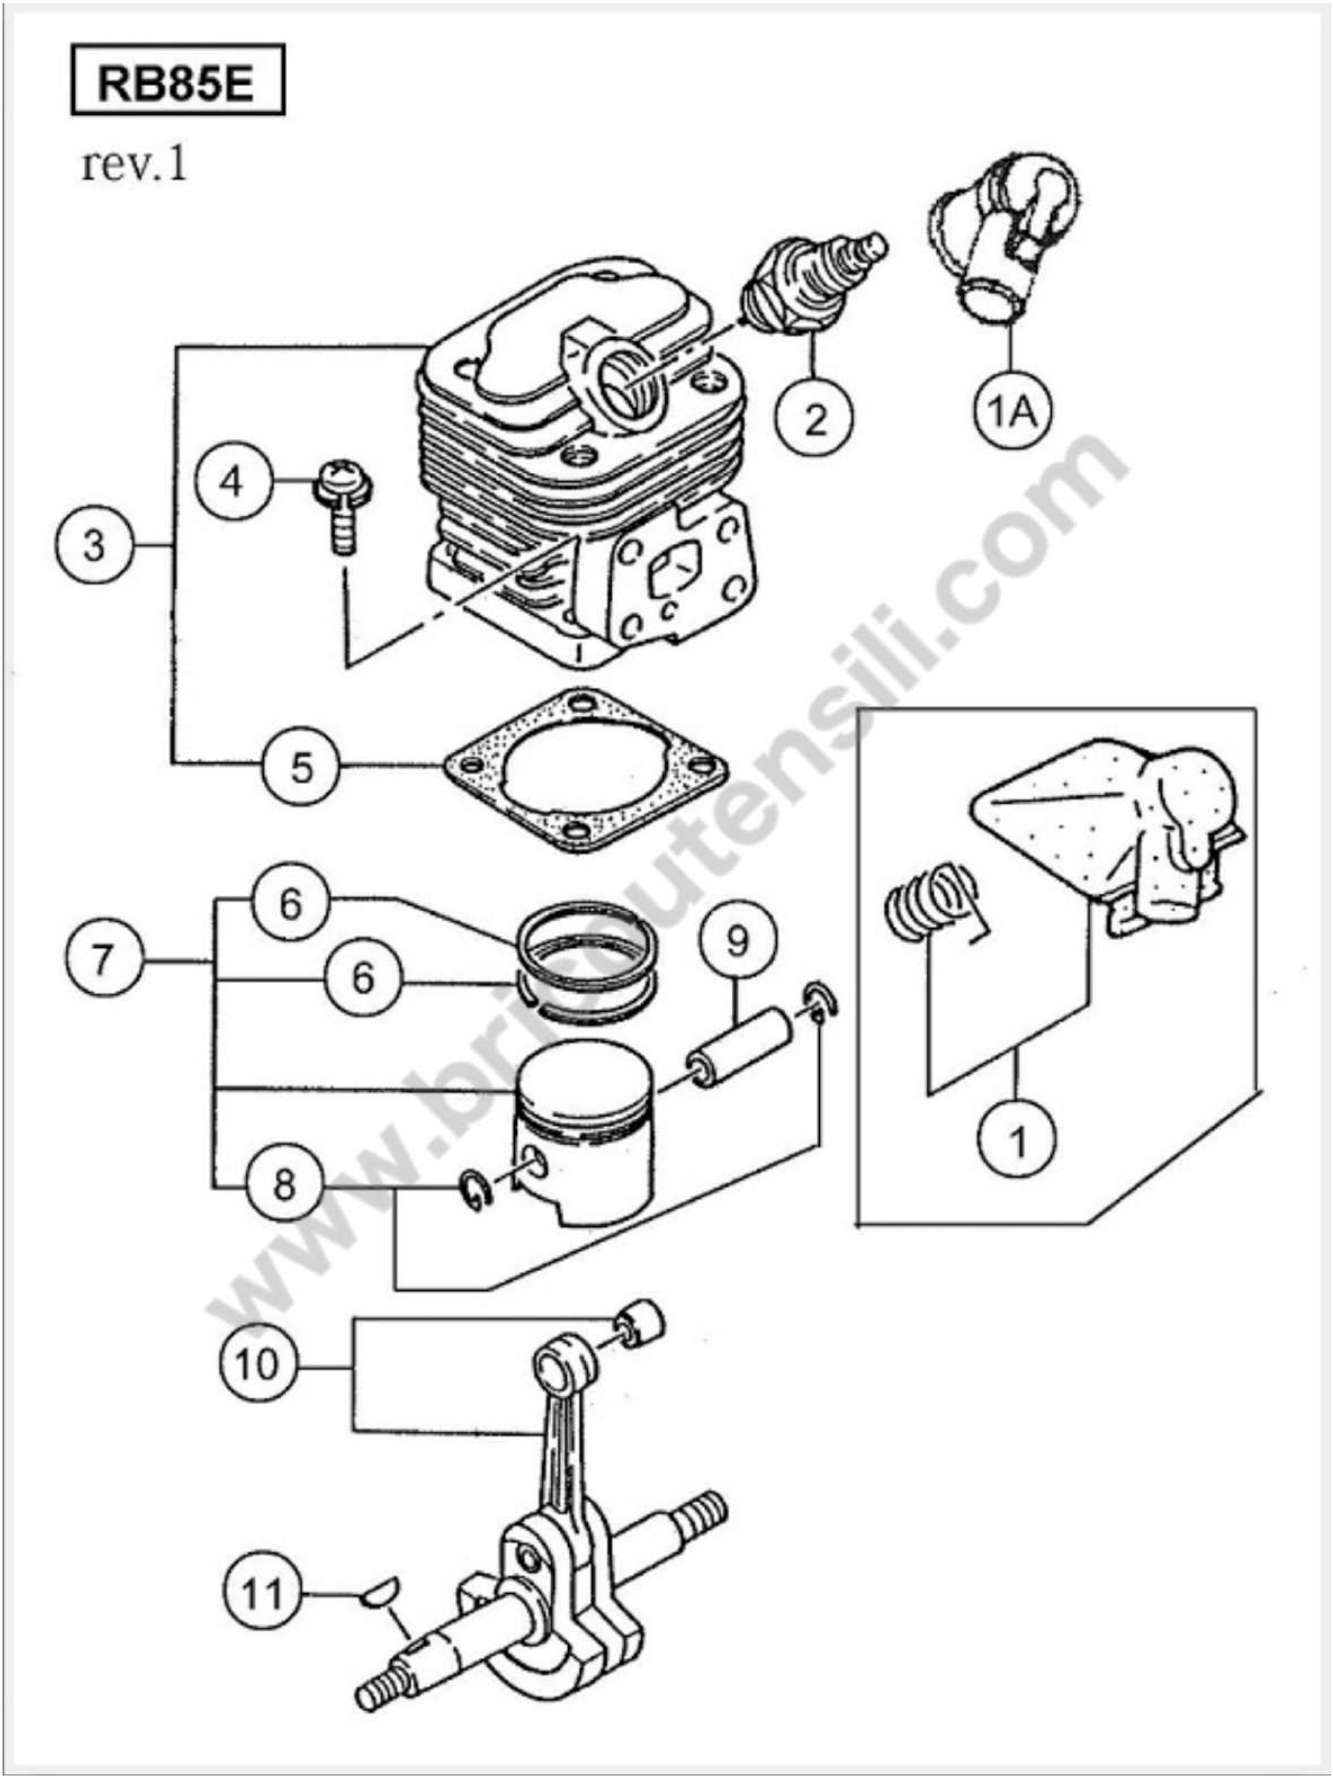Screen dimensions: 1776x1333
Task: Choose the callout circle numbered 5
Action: (301, 768)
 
